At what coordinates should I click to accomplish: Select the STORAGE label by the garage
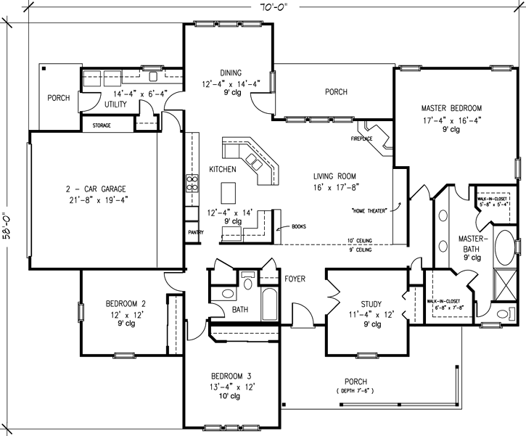(x=103, y=125)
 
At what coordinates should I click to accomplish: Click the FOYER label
(x=294, y=278)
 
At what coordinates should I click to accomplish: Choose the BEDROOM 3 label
(x=231, y=376)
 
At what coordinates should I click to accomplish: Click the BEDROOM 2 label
(x=123, y=303)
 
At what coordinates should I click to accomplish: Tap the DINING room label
(x=231, y=72)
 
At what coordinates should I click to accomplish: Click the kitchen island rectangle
(x=229, y=192)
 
